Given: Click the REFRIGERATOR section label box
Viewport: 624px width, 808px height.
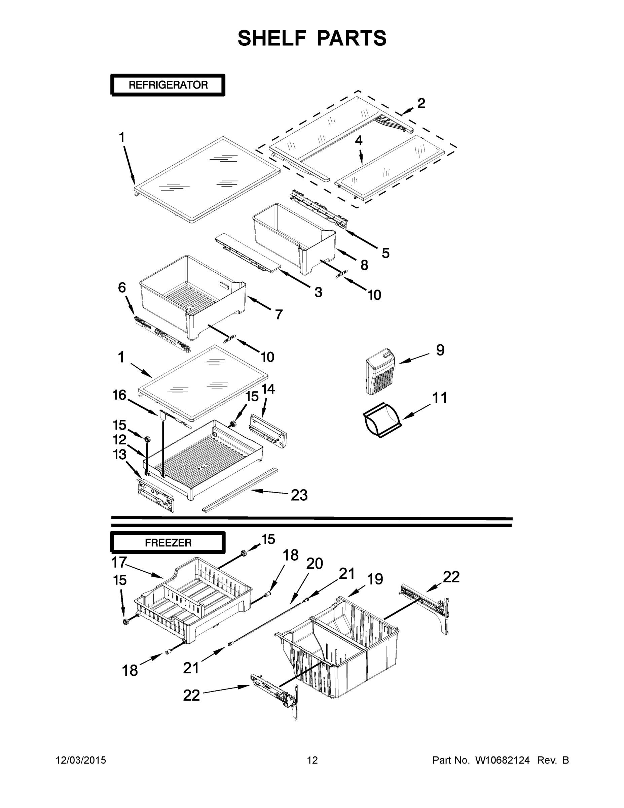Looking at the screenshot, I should [168, 85].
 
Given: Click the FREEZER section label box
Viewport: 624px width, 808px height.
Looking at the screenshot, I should [168, 543].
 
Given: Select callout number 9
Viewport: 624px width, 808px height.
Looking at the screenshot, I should [440, 350].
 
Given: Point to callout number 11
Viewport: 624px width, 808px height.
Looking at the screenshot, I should [440, 398].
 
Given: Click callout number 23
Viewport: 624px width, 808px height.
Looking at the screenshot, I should [299, 495].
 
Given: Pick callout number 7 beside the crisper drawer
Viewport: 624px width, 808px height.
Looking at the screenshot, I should [279, 314].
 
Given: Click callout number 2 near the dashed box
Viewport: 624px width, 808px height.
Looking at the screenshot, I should [421, 103].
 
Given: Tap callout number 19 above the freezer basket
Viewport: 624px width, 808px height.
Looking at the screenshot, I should [375, 579].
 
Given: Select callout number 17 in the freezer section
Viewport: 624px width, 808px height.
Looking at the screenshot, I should [119, 562].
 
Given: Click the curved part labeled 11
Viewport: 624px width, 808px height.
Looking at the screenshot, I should [381, 419].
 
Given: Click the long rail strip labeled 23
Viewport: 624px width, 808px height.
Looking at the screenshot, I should [240, 489].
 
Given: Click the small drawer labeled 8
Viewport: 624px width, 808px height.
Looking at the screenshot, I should [294, 237].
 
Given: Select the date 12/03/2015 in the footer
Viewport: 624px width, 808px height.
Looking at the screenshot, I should [81, 760].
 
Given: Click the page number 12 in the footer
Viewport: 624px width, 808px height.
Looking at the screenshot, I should [312, 760].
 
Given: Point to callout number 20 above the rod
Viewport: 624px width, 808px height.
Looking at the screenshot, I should [315, 564].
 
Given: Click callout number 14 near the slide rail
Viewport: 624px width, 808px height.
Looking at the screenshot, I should [268, 389].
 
